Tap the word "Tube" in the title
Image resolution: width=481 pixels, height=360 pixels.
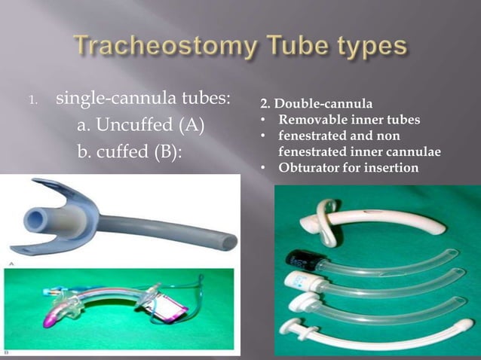point(290,47)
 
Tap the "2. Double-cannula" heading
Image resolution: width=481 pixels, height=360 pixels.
point(306,102)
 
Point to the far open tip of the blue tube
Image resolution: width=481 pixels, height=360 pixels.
point(224,240)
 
